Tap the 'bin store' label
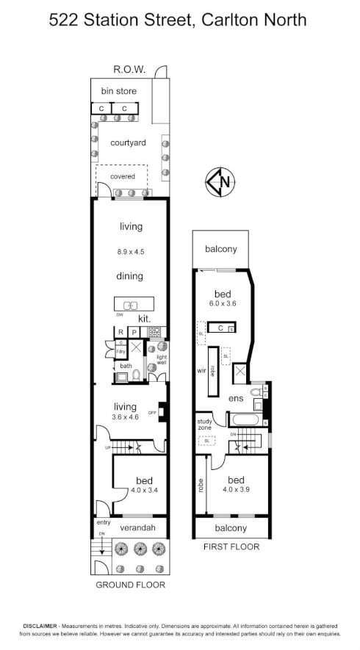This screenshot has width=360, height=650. pyautogui.click(x=118, y=92)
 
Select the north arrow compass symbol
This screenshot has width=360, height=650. pyautogui.click(x=219, y=182)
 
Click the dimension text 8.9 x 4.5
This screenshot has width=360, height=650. pyautogui.click(x=130, y=252)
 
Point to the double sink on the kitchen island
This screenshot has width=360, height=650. pyautogui.click(x=131, y=305)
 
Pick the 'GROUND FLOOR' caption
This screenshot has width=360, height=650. pyautogui.click(x=131, y=585)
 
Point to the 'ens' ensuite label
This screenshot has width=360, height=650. pyautogui.click(x=235, y=398)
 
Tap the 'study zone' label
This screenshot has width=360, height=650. pyautogui.click(x=205, y=425)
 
